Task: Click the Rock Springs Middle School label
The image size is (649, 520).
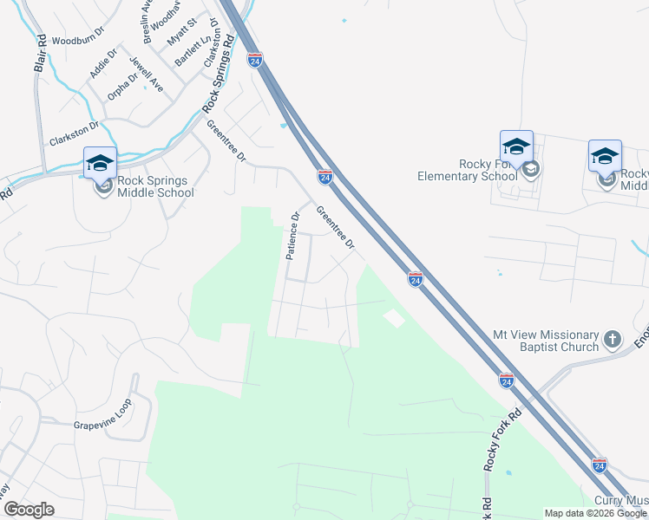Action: (155, 186)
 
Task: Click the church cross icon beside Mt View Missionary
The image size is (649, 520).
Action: (613, 339)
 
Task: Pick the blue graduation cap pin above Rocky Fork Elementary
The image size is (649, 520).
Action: (516, 146)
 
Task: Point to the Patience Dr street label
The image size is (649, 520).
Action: (293, 237)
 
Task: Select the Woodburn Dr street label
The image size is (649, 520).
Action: (77, 41)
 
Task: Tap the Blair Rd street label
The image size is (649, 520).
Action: (40, 54)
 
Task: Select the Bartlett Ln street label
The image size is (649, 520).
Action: (192, 51)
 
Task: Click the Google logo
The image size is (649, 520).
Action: (29, 510)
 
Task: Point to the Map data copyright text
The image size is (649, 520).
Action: (595, 513)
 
